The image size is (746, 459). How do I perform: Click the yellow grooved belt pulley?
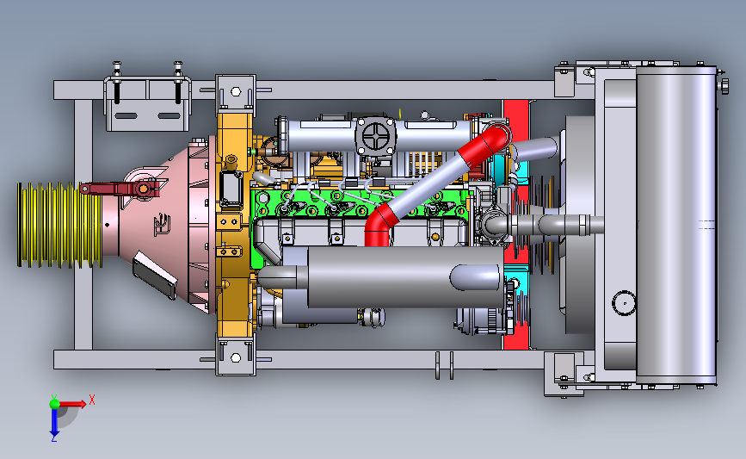coord(59,225)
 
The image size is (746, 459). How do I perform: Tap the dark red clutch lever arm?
coord(121,189)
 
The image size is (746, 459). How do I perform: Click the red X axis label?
coord(92,400)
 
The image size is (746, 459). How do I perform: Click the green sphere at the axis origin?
coord(54,404)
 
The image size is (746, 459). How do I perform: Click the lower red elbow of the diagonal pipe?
coord(379,225)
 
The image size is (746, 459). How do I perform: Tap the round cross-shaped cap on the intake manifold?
coord(375,136)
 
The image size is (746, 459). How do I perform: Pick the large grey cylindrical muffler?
coord(380,277)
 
